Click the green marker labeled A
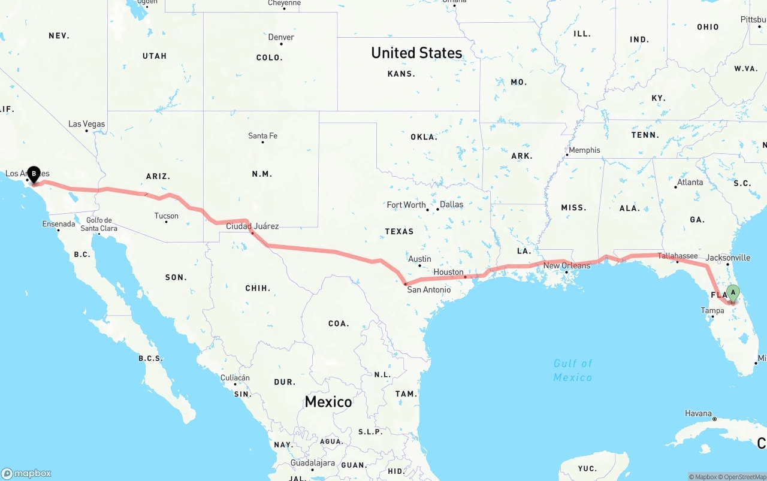(x=733, y=292)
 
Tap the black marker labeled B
(x=34, y=174)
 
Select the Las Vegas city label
(x=86, y=124)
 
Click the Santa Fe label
(x=262, y=136)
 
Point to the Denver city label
(x=281, y=37)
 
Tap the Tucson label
(x=166, y=216)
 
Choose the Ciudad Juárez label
(x=252, y=226)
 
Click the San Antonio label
(x=428, y=290)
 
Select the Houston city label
(x=448, y=272)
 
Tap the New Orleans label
(x=566, y=265)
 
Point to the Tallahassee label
(x=678, y=256)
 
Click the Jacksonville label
(x=728, y=258)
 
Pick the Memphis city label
(x=584, y=150)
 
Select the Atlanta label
(x=690, y=182)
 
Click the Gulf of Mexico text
(x=573, y=370)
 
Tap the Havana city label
(x=699, y=414)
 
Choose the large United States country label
(x=416, y=53)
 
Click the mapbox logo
(x=26, y=473)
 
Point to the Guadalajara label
(x=312, y=463)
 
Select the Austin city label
(x=419, y=259)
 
